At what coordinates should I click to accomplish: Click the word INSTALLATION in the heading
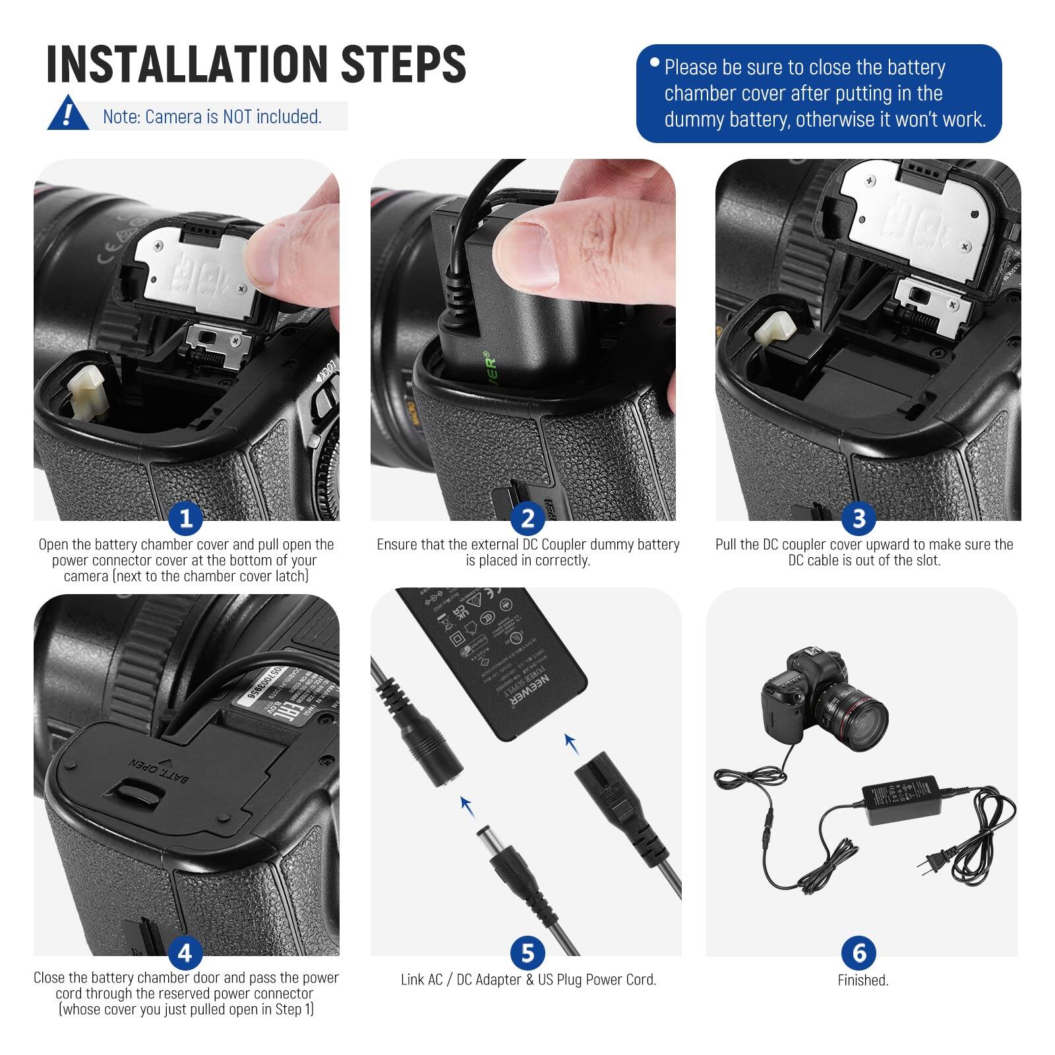click(x=185, y=64)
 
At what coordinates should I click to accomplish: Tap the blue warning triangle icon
click(x=68, y=114)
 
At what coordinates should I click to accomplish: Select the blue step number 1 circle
click(x=185, y=518)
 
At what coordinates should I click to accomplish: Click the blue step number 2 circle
click(x=527, y=518)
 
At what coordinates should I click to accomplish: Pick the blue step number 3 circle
click(x=859, y=518)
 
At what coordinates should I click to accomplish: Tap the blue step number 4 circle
click(x=185, y=953)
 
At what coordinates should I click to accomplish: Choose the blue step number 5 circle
click(x=527, y=953)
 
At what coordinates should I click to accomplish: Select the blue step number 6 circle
click(x=859, y=953)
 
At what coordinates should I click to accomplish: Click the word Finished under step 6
click(x=862, y=980)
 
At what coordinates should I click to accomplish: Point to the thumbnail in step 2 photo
click(x=527, y=254)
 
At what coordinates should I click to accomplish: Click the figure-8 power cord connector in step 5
click(x=603, y=791)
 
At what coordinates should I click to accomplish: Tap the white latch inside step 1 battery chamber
click(x=86, y=389)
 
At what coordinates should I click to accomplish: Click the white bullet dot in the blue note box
click(x=654, y=63)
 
